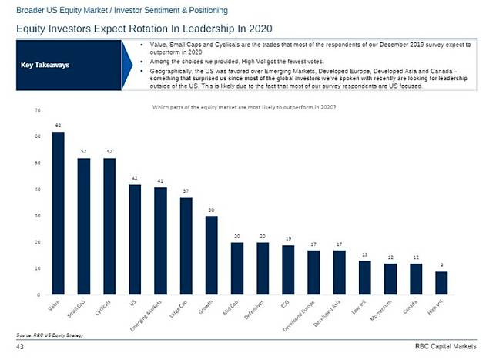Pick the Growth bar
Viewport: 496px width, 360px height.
pos(211,255)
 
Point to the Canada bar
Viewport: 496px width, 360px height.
pos(416,278)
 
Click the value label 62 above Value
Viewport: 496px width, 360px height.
pos(59,124)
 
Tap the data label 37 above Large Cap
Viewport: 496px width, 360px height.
pos(186,190)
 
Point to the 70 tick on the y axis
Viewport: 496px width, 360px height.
pos(37,110)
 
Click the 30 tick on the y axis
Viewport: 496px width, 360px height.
pos(37,216)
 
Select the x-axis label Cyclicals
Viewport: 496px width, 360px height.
pos(106,308)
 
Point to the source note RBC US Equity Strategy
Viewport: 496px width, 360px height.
pos(49,335)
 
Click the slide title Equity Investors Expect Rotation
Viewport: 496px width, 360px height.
pos(123,28)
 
